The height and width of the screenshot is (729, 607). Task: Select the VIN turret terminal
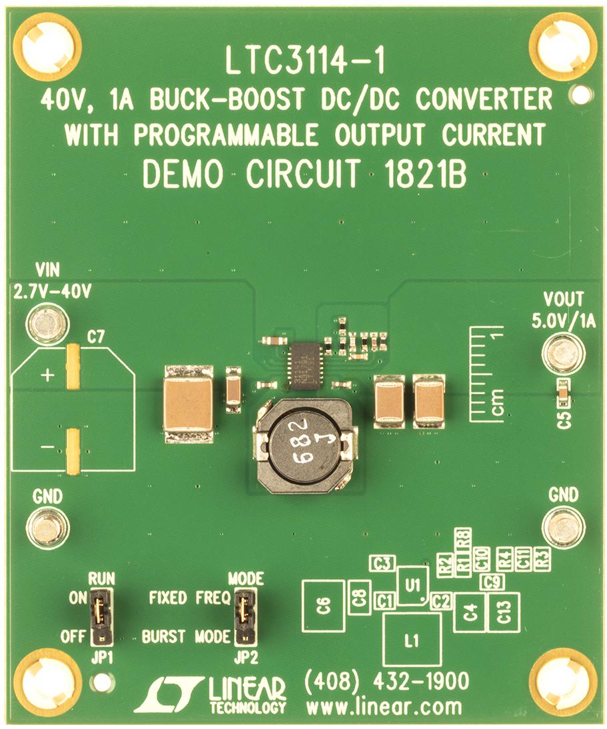[47, 325]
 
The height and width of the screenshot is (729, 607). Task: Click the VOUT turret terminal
[563, 353]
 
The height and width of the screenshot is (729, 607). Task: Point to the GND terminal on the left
[47, 528]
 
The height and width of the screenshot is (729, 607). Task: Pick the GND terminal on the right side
[563, 528]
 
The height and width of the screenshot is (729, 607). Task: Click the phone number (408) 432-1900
[386, 682]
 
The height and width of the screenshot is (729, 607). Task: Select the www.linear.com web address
[382, 705]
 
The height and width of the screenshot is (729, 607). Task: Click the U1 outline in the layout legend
[413, 585]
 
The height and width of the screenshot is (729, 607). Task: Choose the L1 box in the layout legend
[412, 640]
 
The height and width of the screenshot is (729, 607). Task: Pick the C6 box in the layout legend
[323, 606]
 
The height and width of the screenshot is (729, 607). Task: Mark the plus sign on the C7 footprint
[47, 375]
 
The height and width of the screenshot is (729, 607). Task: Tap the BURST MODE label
[186, 636]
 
